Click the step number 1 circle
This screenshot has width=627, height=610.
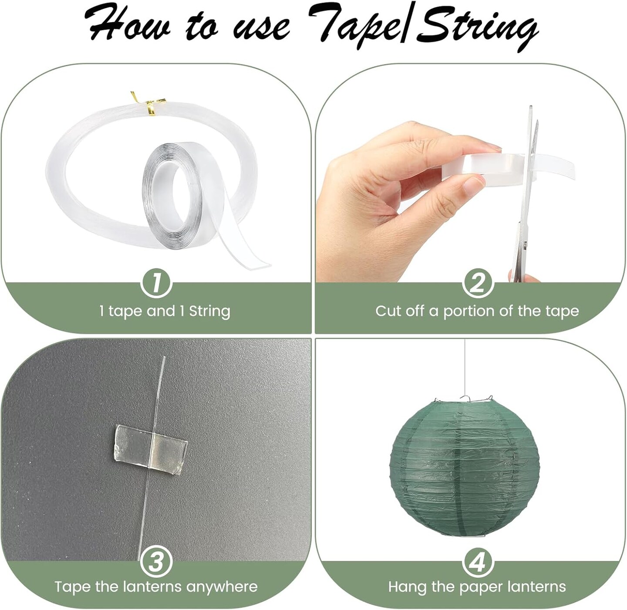[x=156, y=283]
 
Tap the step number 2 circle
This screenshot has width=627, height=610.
[x=478, y=283]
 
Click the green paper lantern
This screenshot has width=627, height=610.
[x=464, y=468]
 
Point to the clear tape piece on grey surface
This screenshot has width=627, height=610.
[x=151, y=449]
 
